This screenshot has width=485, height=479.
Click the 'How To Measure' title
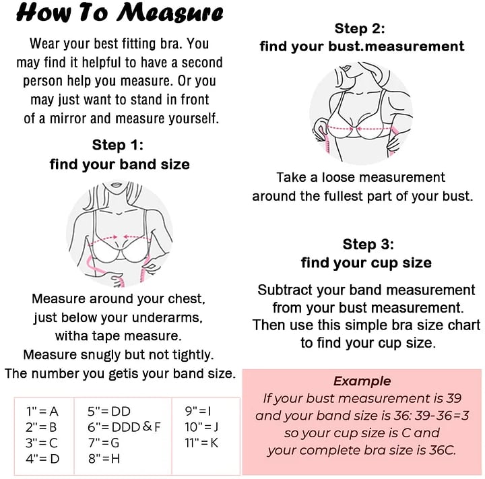(120, 13)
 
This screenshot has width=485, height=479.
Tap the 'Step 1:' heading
(118, 145)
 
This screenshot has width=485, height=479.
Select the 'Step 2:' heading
(360, 28)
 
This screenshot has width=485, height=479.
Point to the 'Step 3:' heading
(368, 244)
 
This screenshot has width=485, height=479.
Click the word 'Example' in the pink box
(362, 381)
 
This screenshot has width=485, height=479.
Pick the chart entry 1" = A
(42, 411)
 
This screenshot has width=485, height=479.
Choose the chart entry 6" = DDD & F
(124, 427)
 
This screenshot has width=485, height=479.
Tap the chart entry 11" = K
(201, 443)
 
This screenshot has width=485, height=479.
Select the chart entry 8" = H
(104, 459)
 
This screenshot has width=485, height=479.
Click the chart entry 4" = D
(42, 459)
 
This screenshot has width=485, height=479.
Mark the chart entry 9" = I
(198, 411)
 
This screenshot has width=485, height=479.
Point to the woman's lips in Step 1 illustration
(117, 185)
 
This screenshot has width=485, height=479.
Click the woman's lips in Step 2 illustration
(345, 67)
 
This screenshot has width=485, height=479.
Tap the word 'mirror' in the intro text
(68, 119)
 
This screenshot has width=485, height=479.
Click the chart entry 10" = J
(201, 427)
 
